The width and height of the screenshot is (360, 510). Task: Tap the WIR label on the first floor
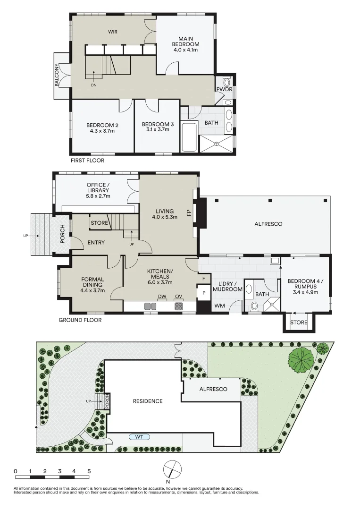point(112,32)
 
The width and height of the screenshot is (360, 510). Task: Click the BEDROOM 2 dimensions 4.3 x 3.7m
point(102,131)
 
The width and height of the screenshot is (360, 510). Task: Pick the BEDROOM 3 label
point(158,125)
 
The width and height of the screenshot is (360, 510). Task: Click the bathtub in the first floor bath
point(189,137)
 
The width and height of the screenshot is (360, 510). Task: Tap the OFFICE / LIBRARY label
point(98,187)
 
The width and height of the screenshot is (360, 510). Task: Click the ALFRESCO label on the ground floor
point(267,224)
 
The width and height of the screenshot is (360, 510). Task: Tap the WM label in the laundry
point(219,306)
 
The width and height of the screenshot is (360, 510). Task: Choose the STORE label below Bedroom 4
point(299,323)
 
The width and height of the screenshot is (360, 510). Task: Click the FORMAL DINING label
point(92,282)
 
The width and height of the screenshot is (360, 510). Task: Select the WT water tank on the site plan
point(139,437)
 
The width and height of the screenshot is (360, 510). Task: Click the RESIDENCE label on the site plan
point(147,401)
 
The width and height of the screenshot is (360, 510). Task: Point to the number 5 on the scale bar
point(89,471)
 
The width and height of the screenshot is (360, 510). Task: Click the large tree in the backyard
point(301,359)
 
